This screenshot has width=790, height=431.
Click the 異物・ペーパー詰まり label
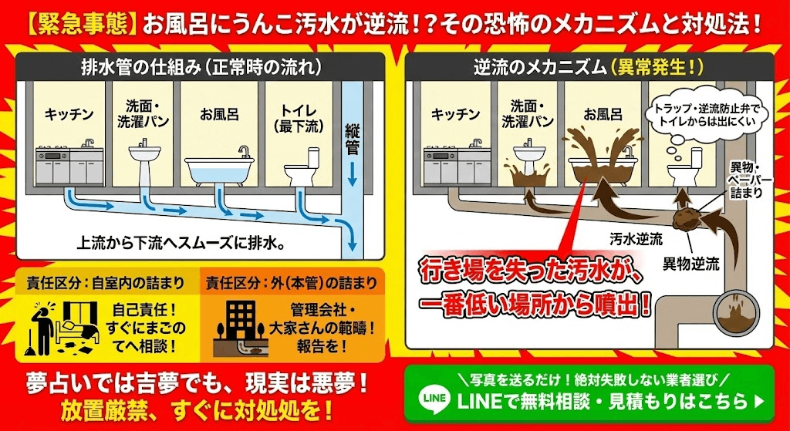(x=752, y=180)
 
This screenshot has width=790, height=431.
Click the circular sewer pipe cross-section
(x=738, y=313)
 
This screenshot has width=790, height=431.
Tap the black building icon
(x=240, y=317)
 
